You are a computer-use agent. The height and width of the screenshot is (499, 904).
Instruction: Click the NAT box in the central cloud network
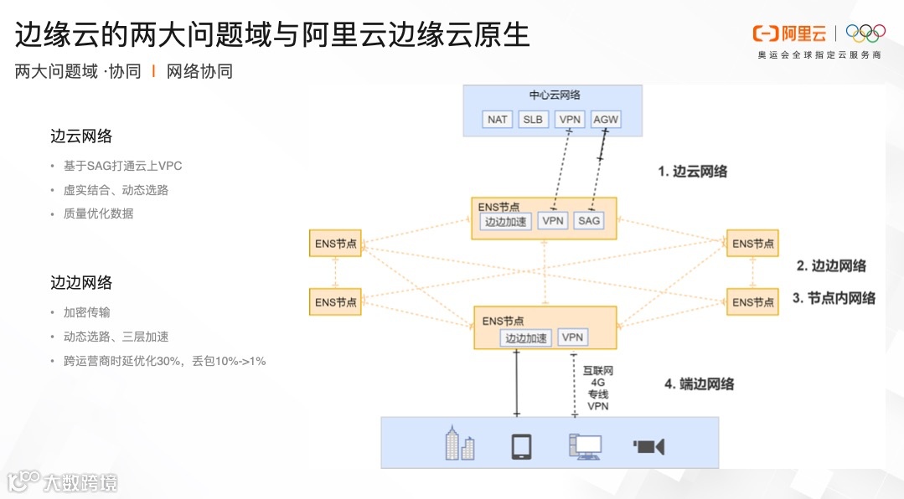coord(498,120)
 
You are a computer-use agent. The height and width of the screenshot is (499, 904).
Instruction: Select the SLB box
coord(533,120)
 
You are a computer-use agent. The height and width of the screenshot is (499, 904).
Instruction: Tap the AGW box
coord(605,120)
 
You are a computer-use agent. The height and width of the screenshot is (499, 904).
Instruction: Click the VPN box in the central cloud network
coord(569,120)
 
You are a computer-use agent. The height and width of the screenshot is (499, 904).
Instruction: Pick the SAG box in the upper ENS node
coord(589,221)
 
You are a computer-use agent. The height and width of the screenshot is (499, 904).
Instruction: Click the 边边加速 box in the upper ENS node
coord(506,222)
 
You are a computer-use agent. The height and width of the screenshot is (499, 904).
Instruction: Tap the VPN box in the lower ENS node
coord(572,337)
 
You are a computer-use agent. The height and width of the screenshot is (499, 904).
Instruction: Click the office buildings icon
coord(459,443)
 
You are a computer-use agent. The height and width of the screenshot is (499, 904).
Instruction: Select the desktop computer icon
coord(584,446)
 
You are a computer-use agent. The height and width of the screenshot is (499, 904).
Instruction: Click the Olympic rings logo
coord(865,33)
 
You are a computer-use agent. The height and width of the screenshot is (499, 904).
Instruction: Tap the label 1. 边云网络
coord(692,172)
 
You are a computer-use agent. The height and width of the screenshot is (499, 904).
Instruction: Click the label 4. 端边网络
coord(699,384)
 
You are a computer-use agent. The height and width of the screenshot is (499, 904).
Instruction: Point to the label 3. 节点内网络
coord(834,298)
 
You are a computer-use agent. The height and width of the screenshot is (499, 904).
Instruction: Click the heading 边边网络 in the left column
coord(81,283)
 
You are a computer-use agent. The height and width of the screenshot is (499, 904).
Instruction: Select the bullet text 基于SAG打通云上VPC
coord(122,166)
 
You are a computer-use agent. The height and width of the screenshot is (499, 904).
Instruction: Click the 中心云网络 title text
coord(555,95)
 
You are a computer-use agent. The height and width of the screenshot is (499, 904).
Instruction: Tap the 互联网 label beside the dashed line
coord(597,370)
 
